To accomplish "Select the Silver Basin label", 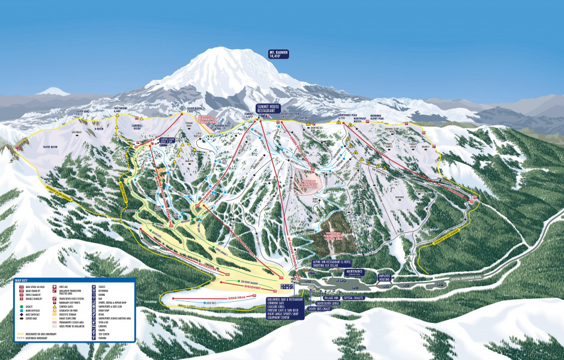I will (x=50, y=146).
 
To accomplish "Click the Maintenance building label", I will (x=355, y=271).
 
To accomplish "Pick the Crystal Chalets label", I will (x=356, y=297).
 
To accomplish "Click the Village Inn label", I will (x=332, y=297).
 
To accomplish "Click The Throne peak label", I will (x=121, y=109).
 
